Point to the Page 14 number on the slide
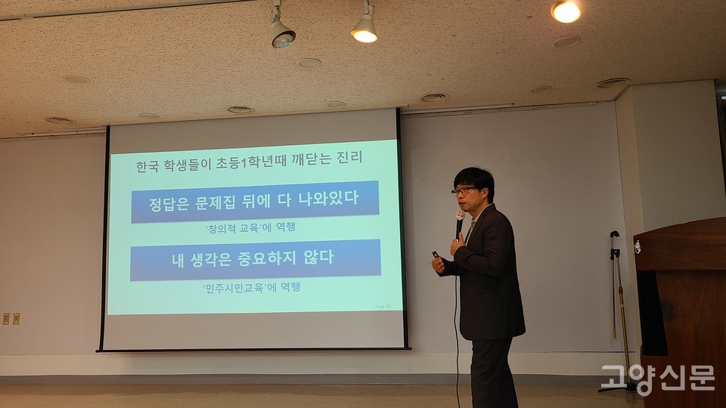385,306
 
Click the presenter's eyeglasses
464,190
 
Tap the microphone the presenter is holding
459,221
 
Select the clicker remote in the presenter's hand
436,255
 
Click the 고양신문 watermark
657,378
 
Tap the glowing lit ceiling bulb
565,11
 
